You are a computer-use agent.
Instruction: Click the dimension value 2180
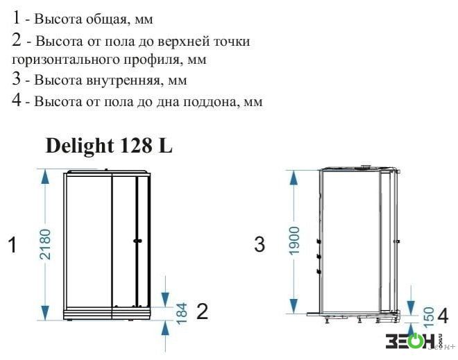(x=45, y=244)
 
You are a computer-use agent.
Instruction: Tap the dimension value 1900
(x=294, y=241)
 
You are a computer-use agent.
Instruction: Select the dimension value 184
(x=182, y=314)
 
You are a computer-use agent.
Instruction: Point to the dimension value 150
(x=428, y=317)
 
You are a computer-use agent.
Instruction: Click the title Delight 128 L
(x=109, y=146)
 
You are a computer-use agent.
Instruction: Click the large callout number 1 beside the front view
(x=12, y=245)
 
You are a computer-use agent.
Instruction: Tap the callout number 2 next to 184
(x=203, y=311)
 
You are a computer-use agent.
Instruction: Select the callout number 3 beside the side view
(x=260, y=244)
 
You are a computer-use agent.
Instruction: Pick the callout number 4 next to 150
(x=443, y=316)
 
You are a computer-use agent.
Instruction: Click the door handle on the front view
(x=137, y=241)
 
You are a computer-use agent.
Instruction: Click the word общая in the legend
(x=108, y=20)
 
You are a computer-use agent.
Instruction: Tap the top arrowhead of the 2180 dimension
(x=45, y=177)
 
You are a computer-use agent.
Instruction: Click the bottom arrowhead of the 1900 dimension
(x=294, y=306)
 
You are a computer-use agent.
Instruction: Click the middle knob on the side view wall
(x=319, y=257)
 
